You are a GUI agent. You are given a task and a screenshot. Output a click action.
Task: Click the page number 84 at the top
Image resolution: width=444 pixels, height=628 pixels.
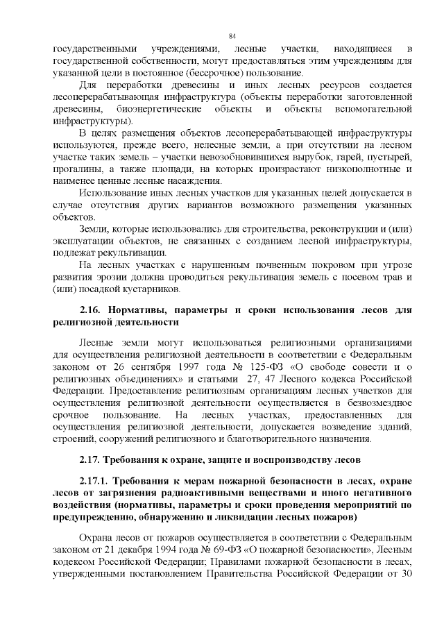[x=232, y=36]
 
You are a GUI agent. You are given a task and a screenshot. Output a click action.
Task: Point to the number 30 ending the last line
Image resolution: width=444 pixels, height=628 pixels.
[x=407, y=573]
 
